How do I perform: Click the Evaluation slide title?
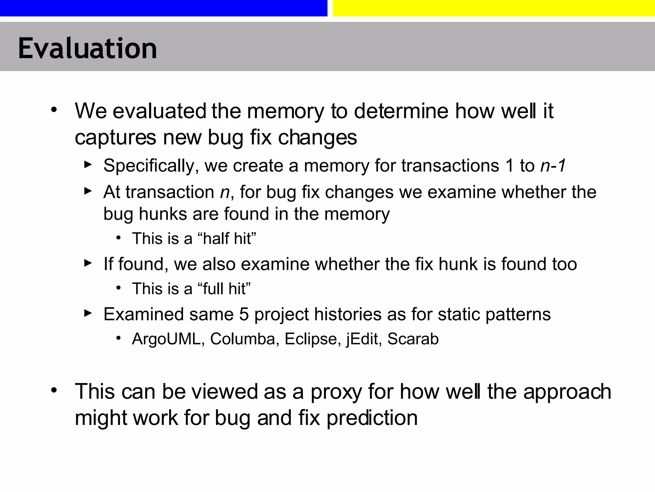[x=87, y=48]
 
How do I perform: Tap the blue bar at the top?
[x=163, y=8]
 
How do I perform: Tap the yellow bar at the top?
[x=493, y=8]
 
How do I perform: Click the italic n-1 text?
[x=553, y=166]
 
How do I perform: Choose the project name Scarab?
[x=413, y=339]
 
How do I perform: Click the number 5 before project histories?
[x=244, y=314]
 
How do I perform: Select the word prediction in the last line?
[x=372, y=418]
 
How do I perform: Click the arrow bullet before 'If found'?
[x=88, y=263]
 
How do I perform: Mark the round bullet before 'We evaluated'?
[x=54, y=110]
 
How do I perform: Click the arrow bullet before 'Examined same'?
[x=88, y=313]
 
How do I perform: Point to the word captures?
[x=115, y=138]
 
